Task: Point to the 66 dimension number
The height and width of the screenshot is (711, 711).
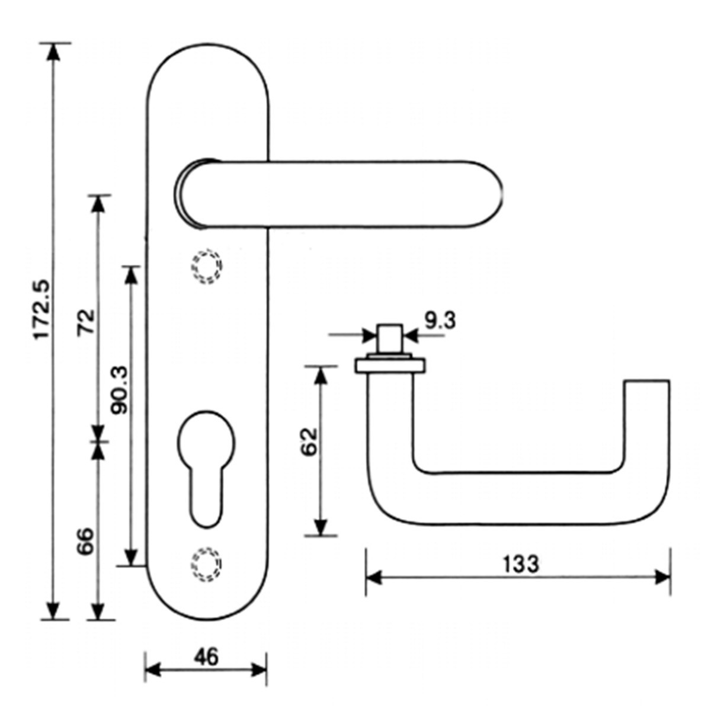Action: [x=86, y=540]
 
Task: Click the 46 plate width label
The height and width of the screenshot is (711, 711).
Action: [x=206, y=656]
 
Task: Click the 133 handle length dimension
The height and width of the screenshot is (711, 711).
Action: [x=521, y=563]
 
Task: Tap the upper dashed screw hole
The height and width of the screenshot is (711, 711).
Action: [x=206, y=267]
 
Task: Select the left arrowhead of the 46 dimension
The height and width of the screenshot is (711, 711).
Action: [x=153, y=670]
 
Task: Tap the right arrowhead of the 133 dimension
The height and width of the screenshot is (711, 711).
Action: [x=662, y=577]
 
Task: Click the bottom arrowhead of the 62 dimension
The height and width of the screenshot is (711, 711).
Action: [x=320, y=527]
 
